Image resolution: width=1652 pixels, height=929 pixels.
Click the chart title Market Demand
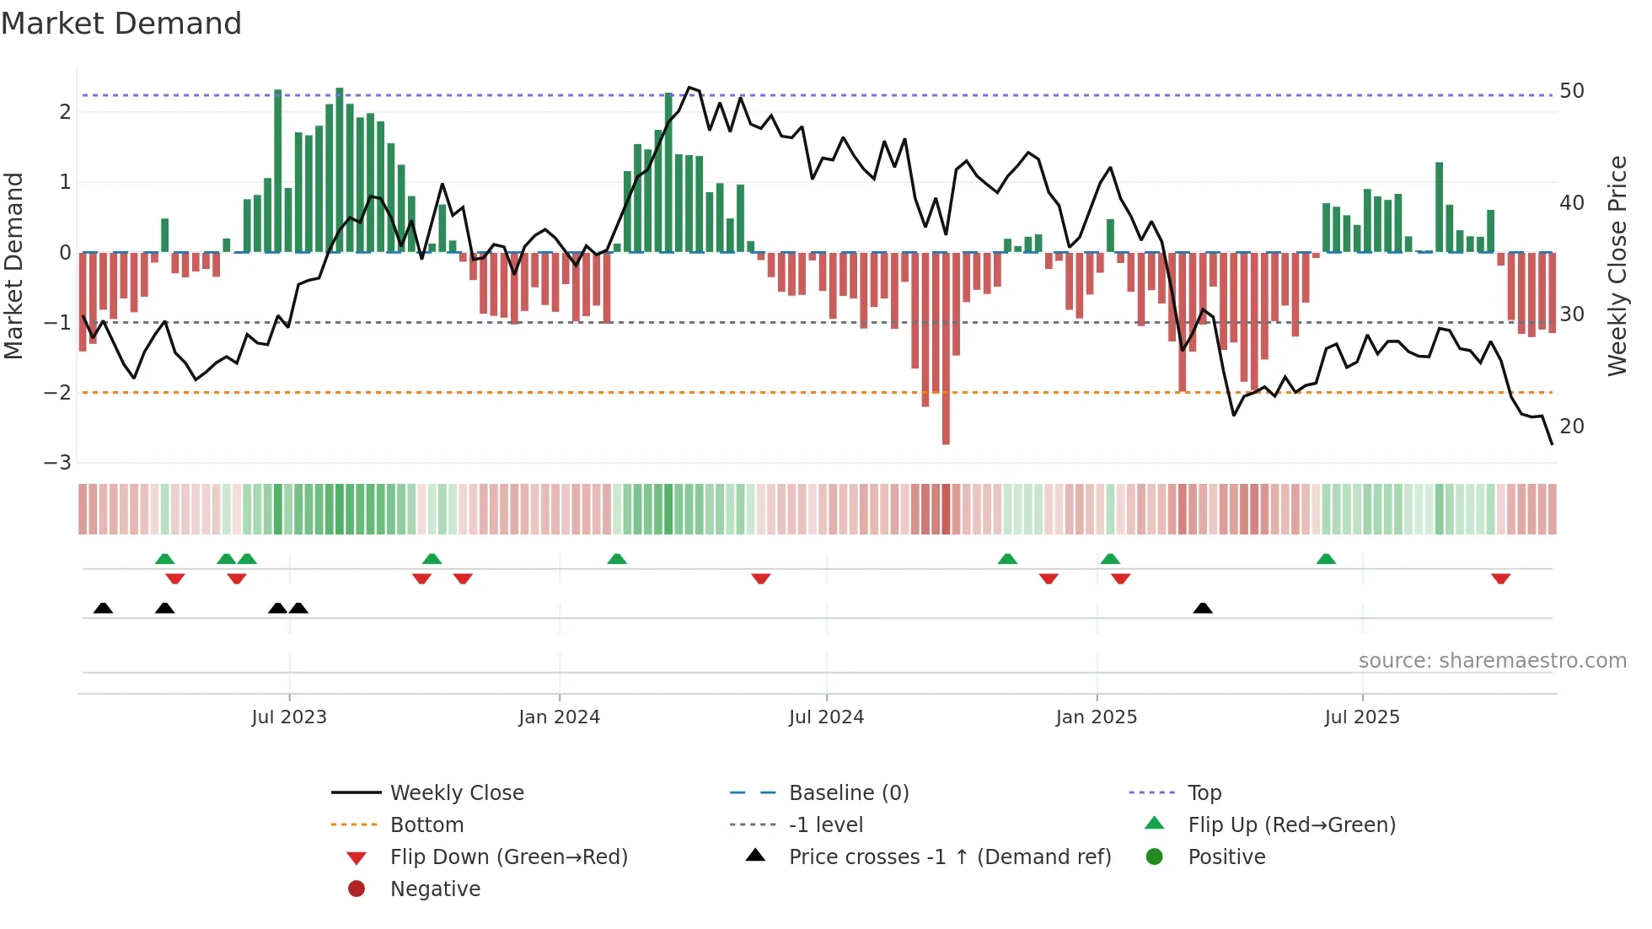(121, 24)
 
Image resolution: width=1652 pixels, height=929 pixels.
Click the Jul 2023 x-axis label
(289, 717)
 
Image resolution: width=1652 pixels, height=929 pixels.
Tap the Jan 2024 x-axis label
(559, 717)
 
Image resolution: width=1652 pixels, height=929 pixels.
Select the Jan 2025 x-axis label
(1096, 717)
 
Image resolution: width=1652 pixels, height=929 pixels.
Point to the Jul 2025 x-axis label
(1361, 717)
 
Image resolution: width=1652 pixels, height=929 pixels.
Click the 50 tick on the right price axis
(1571, 91)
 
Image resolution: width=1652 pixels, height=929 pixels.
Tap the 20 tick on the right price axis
(1571, 427)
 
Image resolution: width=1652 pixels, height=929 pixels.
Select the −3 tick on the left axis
(57, 463)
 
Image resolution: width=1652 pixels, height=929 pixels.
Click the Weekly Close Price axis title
(1617, 266)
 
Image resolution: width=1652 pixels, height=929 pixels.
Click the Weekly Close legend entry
(456, 793)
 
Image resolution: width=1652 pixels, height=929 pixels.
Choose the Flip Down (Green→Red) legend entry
(508, 857)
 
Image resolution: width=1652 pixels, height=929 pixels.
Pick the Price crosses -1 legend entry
(949, 857)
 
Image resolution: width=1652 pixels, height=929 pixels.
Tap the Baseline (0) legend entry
(848, 793)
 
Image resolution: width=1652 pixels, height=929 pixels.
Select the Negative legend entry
(435, 889)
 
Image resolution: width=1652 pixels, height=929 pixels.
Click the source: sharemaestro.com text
(1492, 661)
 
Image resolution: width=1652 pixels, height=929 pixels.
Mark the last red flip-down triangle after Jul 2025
(1500, 578)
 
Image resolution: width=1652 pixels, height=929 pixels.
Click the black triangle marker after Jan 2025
(1203, 608)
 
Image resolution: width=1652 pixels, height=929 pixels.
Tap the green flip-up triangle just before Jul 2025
(1326, 559)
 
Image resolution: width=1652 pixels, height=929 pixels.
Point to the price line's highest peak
(689, 88)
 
